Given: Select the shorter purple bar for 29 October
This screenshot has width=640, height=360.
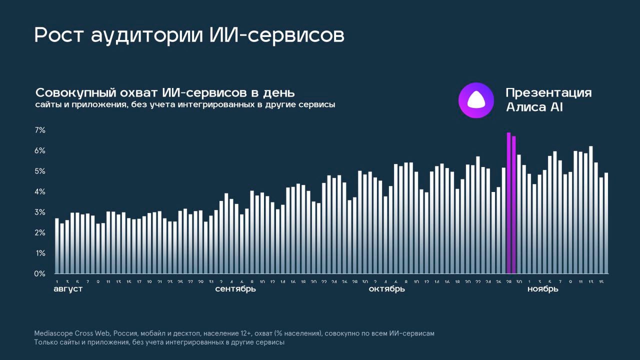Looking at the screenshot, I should pyautogui.click(x=514, y=205).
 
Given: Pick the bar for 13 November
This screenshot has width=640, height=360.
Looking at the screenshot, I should pyautogui.click(x=591, y=210).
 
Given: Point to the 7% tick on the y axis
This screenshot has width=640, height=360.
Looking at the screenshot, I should pyautogui.click(x=40, y=130).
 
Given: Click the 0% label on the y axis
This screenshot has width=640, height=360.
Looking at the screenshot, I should pyautogui.click(x=40, y=274).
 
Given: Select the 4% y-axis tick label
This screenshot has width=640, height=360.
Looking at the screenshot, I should pyautogui.click(x=40, y=192).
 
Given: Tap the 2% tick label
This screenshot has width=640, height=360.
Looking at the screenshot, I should pyautogui.click(x=40, y=233).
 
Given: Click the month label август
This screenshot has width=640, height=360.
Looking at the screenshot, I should pyautogui.click(x=68, y=289).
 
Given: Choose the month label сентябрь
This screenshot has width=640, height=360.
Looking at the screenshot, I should pyautogui.click(x=235, y=289).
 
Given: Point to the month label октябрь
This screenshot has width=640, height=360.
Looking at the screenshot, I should pyautogui.click(x=386, y=289).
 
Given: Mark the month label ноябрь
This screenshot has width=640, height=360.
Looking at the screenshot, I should pyautogui.click(x=543, y=289).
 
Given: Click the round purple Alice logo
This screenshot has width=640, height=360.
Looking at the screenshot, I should pyautogui.click(x=476, y=100).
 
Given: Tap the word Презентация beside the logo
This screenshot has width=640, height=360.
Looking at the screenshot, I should pyautogui.click(x=548, y=93).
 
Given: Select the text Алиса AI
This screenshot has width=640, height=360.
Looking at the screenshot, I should pyautogui.click(x=534, y=107).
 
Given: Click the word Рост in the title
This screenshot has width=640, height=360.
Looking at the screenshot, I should pyautogui.click(x=59, y=35).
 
